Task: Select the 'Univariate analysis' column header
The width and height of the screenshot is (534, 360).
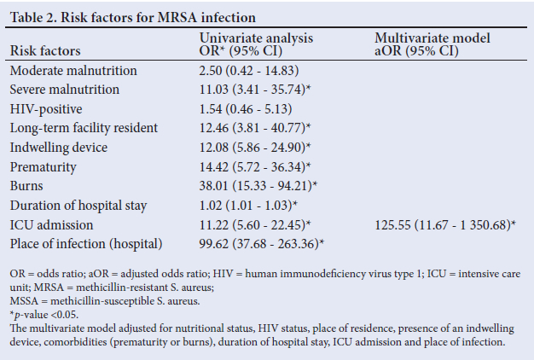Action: pos(256,38)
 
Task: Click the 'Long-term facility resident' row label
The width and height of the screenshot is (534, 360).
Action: pos(84,128)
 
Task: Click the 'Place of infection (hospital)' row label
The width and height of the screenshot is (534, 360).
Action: pos(85,244)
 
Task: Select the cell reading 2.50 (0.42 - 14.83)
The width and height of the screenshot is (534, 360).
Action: pos(247,71)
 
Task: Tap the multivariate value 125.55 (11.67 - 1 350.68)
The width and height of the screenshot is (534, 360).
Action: pos(444,224)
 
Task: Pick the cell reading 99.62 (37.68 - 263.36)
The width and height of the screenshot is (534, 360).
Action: pos(261,244)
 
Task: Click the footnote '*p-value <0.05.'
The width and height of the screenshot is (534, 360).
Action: pos(45,315)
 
